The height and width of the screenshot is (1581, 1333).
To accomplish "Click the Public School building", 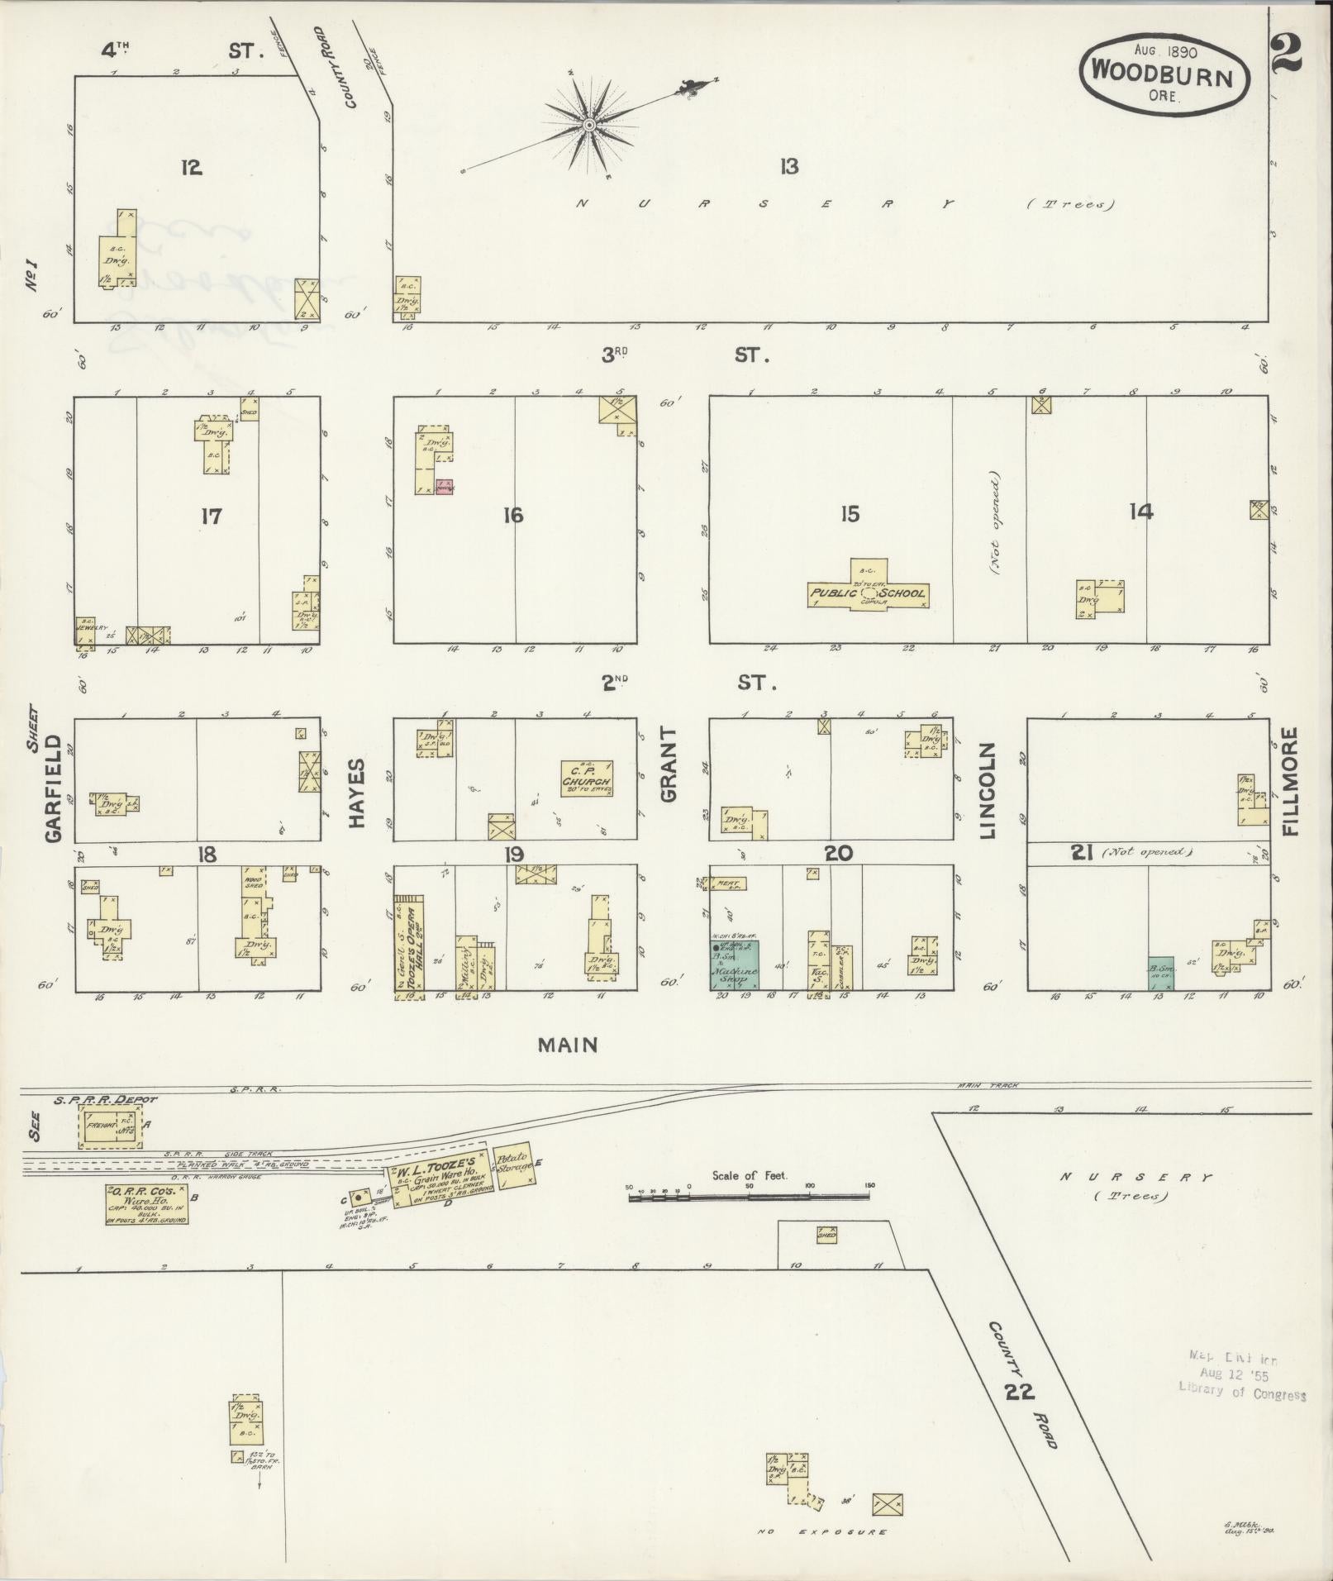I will click(868, 593).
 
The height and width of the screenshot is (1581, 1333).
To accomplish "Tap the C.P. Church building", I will click(587, 777).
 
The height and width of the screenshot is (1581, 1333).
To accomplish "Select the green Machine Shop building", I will click(735, 964).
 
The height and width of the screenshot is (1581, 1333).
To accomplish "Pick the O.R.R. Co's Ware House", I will click(145, 1204).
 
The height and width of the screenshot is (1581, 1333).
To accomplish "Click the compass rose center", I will click(589, 126).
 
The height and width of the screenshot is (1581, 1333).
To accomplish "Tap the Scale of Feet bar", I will click(749, 1192).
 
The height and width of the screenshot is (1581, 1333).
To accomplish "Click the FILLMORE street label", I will click(1291, 781).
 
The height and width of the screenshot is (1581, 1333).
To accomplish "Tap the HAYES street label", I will click(357, 781).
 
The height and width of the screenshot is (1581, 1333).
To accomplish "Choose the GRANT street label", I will click(668, 764).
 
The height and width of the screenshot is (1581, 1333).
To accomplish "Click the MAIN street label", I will click(568, 1045).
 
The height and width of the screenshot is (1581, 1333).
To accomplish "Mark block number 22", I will click(1021, 1392).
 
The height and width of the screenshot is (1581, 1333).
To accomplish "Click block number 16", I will click(512, 516).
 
